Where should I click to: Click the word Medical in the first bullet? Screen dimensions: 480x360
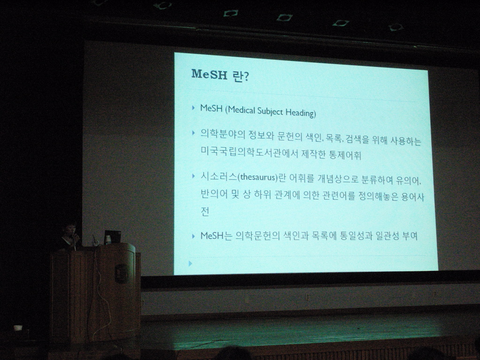tap(241, 110)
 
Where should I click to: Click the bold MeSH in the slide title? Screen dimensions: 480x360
tap(209, 74)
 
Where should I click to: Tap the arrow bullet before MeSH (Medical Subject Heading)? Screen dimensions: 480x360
tap(193, 108)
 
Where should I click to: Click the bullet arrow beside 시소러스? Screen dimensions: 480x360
tap(193, 176)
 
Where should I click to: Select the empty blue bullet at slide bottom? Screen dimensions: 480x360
tap(190, 263)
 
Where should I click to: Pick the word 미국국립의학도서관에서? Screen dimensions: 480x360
tap(249, 152)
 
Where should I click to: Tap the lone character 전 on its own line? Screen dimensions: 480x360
tap(205, 211)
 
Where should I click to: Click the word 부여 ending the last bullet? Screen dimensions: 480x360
tap(410, 236)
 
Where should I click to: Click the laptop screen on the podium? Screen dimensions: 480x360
tap(112, 236)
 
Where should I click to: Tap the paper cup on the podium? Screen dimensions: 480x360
tap(107, 240)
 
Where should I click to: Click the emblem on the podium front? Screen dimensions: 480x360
tap(121, 273)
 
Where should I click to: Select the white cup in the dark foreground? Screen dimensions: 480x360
tap(18, 328)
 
